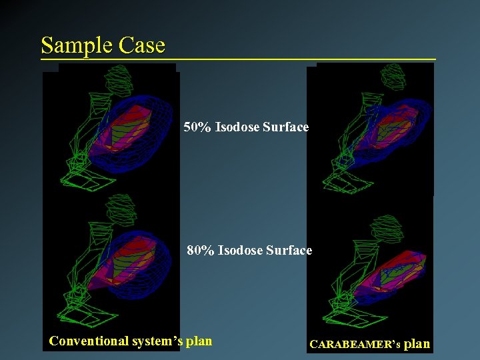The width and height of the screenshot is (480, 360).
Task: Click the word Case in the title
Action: [142, 45]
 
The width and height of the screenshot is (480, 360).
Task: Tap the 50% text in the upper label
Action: [197, 127]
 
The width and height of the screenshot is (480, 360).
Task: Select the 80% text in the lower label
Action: [201, 251]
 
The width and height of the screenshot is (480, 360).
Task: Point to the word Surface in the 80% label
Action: [289, 251]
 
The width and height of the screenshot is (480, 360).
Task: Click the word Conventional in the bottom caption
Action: [89, 341]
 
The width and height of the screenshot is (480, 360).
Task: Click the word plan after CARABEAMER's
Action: [417, 344]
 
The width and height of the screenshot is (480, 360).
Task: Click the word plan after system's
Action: [199, 341]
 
